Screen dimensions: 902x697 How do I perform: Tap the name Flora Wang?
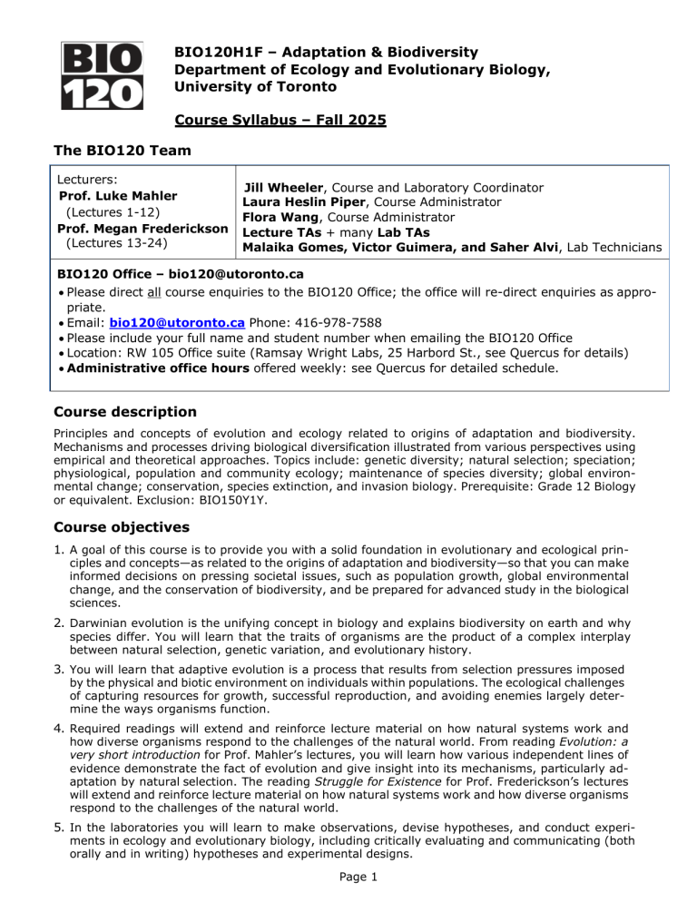click(270, 218)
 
